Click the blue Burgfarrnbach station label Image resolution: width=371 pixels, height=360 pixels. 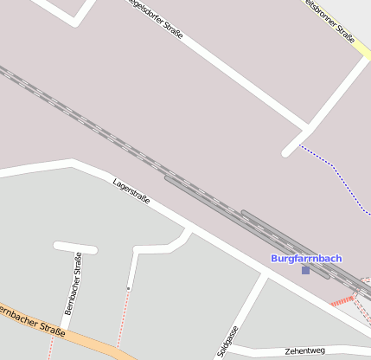click(306, 258)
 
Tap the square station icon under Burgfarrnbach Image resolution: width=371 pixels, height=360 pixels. click(305, 270)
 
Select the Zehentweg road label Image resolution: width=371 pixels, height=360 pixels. click(304, 350)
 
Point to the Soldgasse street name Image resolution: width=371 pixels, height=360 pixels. click(228, 343)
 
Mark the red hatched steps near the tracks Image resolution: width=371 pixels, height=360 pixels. click(343, 300)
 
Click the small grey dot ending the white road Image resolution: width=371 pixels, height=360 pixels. click(129, 287)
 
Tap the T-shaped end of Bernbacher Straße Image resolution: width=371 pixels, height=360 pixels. click(75, 247)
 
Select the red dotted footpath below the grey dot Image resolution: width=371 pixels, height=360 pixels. click(125, 316)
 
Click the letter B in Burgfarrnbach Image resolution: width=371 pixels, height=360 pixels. click(275, 258)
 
